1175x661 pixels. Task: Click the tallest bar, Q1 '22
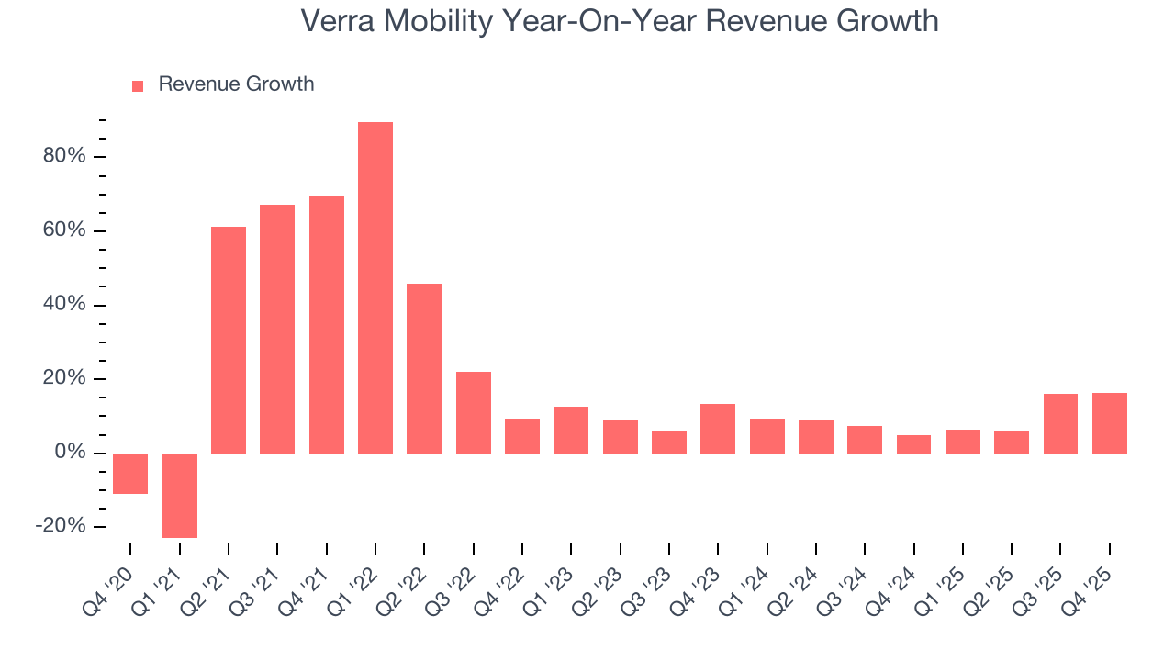coord(375,287)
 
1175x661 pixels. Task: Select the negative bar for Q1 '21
coord(179,495)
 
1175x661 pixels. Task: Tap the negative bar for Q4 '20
coord(130,474)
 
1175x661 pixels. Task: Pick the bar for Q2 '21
coord(229,340)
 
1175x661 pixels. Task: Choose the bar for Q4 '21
coord(327,324)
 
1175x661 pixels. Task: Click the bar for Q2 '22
coord(424,368)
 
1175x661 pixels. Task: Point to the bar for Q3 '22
coord(474,412)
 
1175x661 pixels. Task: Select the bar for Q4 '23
coord(718,429)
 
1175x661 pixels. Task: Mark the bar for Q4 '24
coord(913,444)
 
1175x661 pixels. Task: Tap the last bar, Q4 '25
coord(1110,423)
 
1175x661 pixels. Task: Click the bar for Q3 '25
coord(1060,423)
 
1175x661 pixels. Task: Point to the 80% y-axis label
coord(63,156)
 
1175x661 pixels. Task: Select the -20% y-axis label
coord(61,526)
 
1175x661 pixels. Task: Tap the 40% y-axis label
coord(63,305)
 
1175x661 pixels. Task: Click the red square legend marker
coord(138,85)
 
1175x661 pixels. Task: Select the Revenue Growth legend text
coord(236,84)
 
